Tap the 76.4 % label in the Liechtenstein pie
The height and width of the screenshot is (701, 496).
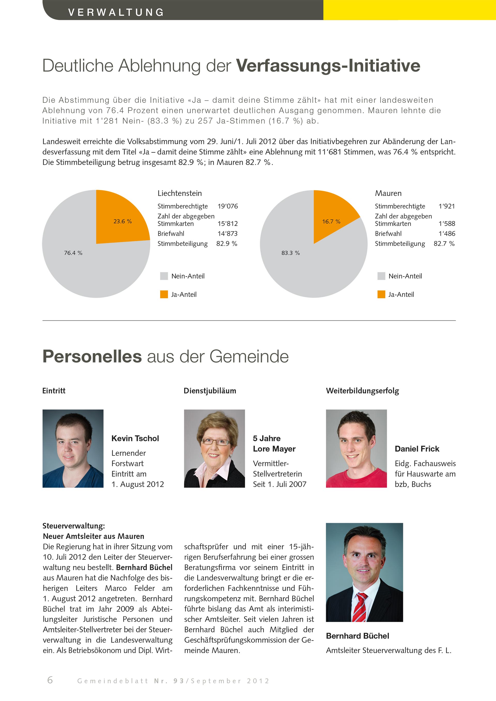click(x=73, y=253)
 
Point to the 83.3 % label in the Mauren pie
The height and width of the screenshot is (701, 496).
click(x=290, y=253)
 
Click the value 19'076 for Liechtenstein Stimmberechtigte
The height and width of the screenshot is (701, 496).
click(x=228, y=206)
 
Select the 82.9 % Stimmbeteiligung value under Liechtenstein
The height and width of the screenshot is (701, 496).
click(x=227, y=244)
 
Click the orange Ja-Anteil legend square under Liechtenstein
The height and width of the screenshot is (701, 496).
click(x=164, y=294)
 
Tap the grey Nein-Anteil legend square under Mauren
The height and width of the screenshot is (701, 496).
click(x=381, y=276)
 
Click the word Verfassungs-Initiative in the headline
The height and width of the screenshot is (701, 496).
click(x=328, y=65)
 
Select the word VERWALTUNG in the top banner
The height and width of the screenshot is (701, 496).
click(x=116, y=12)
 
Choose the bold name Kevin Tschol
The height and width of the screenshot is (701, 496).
click(x=135, y=438)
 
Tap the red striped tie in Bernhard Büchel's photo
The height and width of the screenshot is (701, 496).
click(x=360, y=608)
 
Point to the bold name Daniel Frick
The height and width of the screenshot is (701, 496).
click(x=417, y=449)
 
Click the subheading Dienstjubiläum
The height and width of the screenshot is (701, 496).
click(x=210, y=391)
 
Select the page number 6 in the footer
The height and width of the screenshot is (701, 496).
click(x=50, y=680)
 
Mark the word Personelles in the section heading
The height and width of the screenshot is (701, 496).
click(x=92, y=356)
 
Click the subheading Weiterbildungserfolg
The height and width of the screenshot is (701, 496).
click(x=362, y=391)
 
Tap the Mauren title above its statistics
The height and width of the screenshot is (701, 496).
click(x=388, y=193)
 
